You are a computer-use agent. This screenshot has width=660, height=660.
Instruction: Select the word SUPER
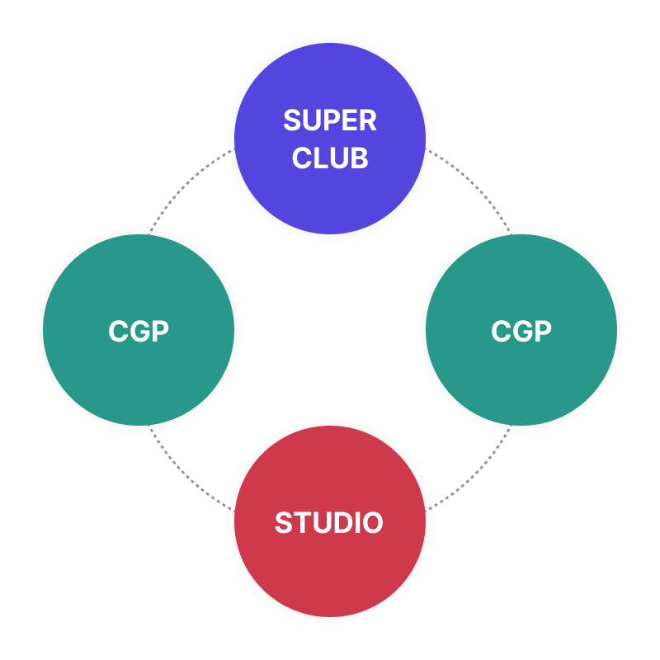[x=330, y=120]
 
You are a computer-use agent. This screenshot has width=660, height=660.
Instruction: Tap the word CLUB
[x=330, y=158]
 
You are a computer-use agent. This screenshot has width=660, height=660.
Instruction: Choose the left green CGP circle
[x=138, y=379]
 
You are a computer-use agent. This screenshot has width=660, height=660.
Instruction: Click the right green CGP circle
[x=521, y=379]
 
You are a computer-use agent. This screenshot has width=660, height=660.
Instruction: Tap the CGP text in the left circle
[x=138, y=331]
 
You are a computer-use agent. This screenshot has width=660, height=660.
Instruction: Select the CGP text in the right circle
[x=521, y=331]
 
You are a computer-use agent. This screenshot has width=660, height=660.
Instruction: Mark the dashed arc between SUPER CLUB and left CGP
[x=183, y=188]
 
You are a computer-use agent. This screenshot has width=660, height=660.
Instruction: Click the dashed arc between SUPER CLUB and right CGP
[x=476, y=188]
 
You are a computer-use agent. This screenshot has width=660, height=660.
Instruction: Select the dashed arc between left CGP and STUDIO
[x=183, y=472]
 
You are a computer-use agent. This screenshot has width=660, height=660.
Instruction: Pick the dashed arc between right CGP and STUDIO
[x=476, y=472]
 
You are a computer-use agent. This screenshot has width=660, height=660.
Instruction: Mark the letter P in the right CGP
[x=541, y=331]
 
